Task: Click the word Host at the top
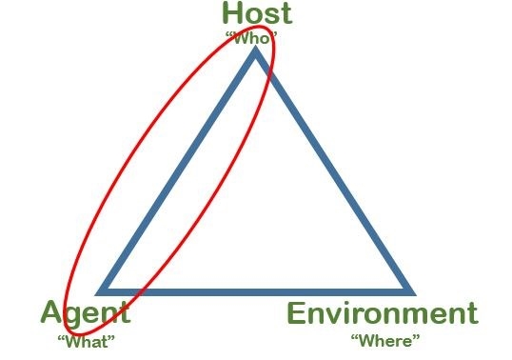[257, 13]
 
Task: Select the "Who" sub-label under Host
[251, 38]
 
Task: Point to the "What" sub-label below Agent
[87, 342]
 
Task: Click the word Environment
[383, 313]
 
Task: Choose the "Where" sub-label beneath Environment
[385, 341]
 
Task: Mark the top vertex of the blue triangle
[256, 48]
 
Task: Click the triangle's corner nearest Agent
[97, 294]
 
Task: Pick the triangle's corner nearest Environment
[415, 294]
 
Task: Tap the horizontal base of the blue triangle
[256, 292]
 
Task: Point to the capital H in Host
[231, 13]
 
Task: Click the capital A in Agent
[51, 311]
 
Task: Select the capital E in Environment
[296, 313]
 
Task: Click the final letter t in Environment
[474, 314]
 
